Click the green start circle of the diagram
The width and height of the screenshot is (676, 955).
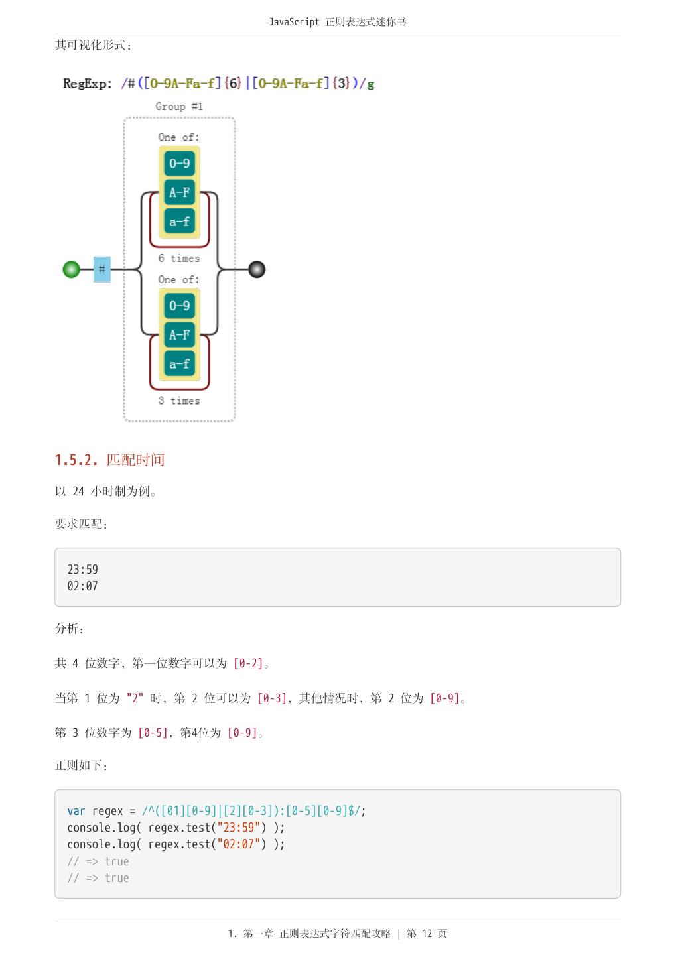pyautogui.click(x=71, y=269)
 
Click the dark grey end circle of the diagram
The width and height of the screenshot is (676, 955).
pyautogui.click(x=257, y=269)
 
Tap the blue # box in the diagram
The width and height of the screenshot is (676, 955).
pyautogui.click(x=101, y=269)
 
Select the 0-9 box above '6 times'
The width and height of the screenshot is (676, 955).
pyautogui.click(x=179, y=164)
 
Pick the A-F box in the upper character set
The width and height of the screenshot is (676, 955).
pyautogui.click(x=179, y=192)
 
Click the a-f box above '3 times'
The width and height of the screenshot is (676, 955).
pyautogui.click(x=179, y=363)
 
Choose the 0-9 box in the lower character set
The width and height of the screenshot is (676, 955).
pyautogui.click(x=179, y=306)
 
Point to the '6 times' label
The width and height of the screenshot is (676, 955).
pyautogui.click(x=178, y=259)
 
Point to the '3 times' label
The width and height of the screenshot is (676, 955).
pyautogui.click(x=178, y=401)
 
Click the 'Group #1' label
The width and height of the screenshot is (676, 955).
pyautogui.click(x=179, y=106)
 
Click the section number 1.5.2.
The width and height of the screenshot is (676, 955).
pyautogui.click(x=76, y=460)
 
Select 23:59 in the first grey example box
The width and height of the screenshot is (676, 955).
pyautogui.click(x=82, y=570)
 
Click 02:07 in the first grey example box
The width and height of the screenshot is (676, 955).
pyautogui.click(x=82, y=586)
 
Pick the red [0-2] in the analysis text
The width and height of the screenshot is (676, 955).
pyautogui.click(x=248, y=663)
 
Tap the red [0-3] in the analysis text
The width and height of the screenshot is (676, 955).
pyautogui.click(x=272, y=698)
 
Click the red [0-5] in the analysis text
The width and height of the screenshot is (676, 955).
pyautogui.click(x=153, y=733)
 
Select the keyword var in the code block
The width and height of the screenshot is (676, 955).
pyautogui.click(x=76, y=811)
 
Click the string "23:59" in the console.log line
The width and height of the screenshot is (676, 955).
pyautogui.click(x=239, y=828)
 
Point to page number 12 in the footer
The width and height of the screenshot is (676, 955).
pyautogui.click(x=427, y=934)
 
